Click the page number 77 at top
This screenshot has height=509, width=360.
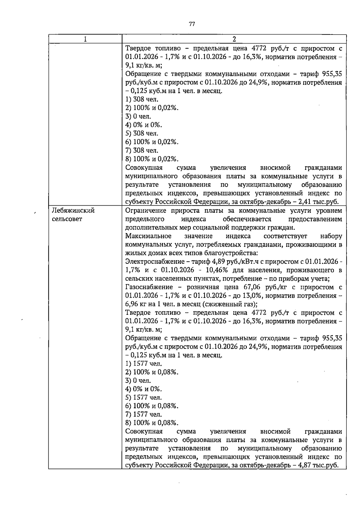(192, 24)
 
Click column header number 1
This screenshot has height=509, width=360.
(85, 39)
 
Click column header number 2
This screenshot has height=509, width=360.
(234, 39)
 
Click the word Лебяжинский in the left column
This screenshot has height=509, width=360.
(73, 211)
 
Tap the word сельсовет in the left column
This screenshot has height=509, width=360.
(67, 219)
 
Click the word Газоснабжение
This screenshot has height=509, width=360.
(149, 287)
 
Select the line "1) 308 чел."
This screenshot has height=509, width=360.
(142, 99)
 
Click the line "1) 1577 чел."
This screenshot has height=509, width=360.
(143, 364)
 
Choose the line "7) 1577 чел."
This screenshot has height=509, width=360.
(143, 414)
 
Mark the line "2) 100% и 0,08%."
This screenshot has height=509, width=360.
(152, 372)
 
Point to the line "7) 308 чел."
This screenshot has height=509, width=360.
(142, 150)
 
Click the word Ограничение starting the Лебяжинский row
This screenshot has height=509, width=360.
(145, 211)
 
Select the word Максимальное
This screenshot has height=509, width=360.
(148, 236)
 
